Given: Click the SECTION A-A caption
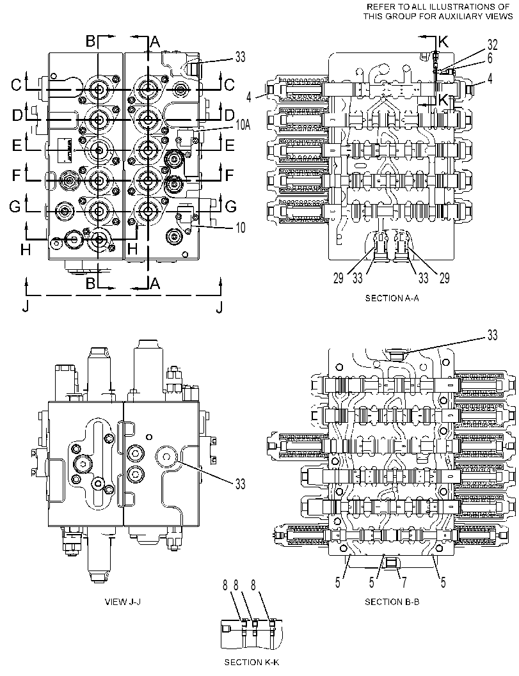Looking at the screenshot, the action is (392, 298).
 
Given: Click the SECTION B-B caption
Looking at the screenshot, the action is (392, 601).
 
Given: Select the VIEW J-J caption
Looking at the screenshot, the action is (122, 601).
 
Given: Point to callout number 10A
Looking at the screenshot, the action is (243, 125).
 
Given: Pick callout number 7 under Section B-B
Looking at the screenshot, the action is (404, 583).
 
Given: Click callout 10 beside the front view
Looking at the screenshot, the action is (241, 227).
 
